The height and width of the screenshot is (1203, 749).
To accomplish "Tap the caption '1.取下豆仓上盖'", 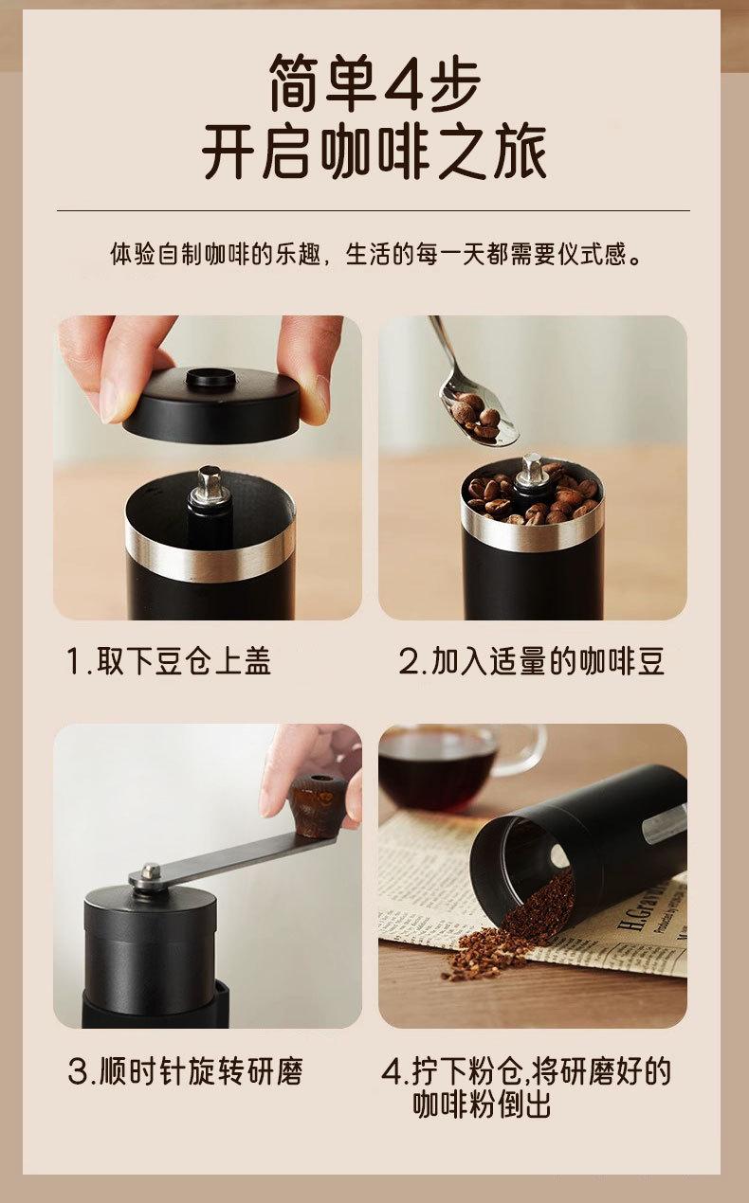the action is point(169,661).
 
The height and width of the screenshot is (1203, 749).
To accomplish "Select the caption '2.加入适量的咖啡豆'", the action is point(532,661).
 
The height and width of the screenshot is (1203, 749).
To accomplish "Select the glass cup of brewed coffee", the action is point(457,768).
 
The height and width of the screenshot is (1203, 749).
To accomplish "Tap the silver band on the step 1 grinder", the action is point(210,553).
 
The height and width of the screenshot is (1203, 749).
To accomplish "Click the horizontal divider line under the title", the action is point(374,211).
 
